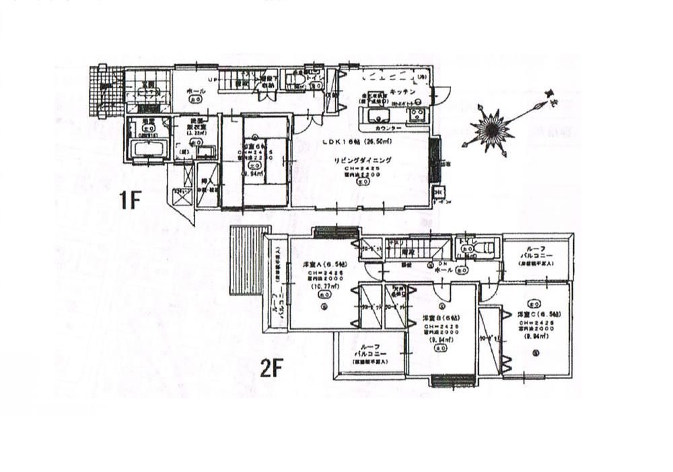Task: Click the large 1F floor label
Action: tap(131, 201)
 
